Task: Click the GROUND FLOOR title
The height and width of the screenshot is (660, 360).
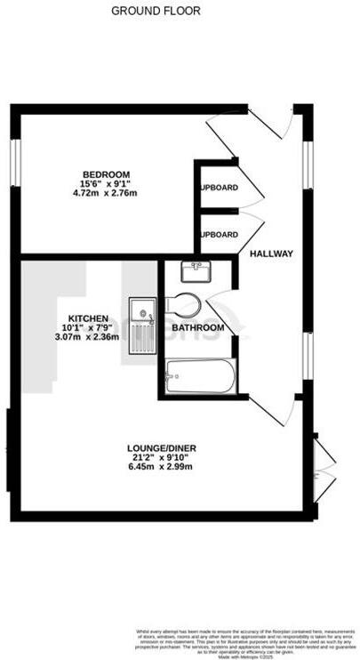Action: pos(156,12)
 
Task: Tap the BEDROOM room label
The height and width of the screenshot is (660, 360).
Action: pos(106,173)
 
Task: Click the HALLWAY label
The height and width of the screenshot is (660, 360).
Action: pos(271,254)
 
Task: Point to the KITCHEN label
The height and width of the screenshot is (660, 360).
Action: pos(88,318)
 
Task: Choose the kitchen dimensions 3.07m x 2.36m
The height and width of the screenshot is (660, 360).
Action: pos(88,337)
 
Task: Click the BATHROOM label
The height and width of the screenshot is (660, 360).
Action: pos(197,327)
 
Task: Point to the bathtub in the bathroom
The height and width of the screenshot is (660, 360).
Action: pos(201,377)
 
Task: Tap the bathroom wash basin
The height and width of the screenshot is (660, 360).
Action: pos(193,268)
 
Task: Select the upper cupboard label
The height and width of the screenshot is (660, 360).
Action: pos(219,188)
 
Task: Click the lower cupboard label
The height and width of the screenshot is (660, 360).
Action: pos(219,235)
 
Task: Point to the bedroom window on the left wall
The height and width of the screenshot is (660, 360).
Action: pos(14,164)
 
